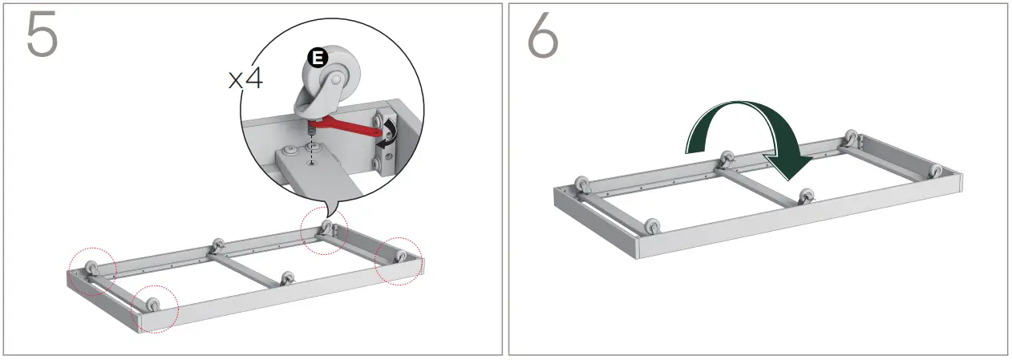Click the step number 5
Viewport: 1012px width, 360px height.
click(43, 35)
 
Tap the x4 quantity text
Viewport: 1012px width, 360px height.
click(245, 79)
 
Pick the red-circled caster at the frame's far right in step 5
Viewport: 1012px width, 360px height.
click(399, 257)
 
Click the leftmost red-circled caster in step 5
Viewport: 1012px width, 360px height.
click(90, 268)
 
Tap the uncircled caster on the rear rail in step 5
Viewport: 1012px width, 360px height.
click(216, 245)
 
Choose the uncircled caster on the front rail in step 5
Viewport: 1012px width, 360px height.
click(287, 278)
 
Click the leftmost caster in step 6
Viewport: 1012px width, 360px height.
click(581, 185)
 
